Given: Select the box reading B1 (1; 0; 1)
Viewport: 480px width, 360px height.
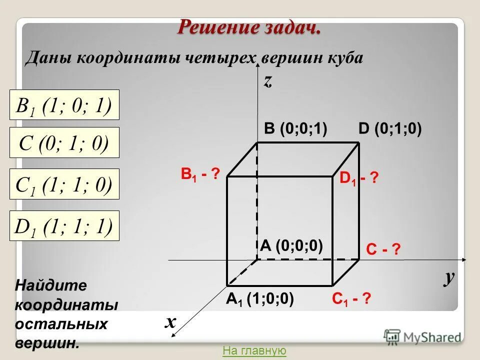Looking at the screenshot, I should click(x=64, y=105).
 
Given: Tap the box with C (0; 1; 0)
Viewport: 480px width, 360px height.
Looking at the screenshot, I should click(x=64, y=144).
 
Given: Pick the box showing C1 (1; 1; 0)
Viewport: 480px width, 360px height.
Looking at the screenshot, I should click(x=64, y=184).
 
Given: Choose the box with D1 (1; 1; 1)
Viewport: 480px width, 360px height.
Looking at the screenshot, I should click(x=64, y=226).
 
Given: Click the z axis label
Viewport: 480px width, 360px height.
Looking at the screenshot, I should click(x=268, y=81).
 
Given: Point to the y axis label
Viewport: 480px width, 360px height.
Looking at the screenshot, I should click(x=449, y=278).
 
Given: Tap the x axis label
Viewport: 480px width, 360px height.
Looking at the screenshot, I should click(x=170, y=322).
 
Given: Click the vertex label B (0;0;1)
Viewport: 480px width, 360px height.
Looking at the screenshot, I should click(x=295, y=129).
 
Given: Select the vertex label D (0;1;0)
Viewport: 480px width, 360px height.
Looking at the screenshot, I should click(x=390, y=129).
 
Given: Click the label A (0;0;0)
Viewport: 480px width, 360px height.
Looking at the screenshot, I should click(x=291, y=245).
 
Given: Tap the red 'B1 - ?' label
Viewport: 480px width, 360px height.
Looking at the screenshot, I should click(x=200, y=175).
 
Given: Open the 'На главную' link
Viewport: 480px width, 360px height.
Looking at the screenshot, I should click(x=254, y=351).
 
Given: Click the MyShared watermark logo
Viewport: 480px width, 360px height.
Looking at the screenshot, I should click(x=422, y=336).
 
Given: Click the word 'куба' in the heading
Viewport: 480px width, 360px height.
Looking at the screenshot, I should click(x=344, y=58).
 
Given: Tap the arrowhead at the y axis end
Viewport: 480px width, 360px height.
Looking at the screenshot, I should click(x=464, y=260).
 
